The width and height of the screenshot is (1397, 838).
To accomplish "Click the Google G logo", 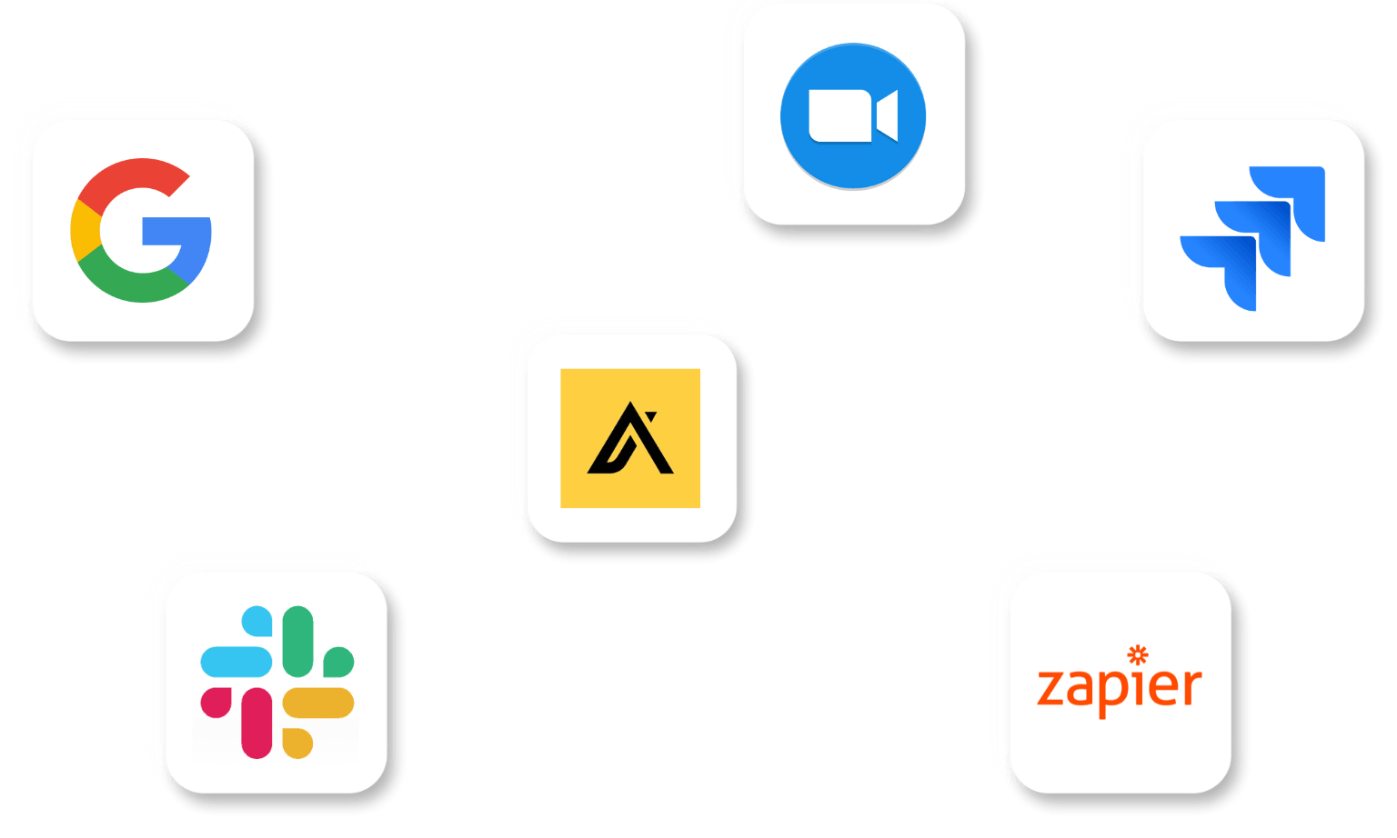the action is pyautogui.click(x=141, y=231).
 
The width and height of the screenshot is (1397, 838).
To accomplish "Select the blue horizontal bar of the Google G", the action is pyautogui.click(x=176, y=231).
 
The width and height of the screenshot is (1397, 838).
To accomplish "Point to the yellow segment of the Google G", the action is pyautogui.click(x=83, y=231).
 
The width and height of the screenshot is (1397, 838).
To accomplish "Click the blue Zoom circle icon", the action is pyautogui.click(x=852, y=116).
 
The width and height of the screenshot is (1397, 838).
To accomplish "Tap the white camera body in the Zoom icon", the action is pyautogui.click(x=839, y=116).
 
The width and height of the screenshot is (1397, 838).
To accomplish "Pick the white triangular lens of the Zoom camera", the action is pyautogui.click(x=889, y=116).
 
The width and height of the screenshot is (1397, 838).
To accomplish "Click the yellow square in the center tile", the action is pyautogui.click(x=630, y=438).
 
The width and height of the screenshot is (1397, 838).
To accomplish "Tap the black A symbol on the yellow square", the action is pyautogui.click(x=630, y=439).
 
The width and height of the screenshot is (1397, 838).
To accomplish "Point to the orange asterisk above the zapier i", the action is pyautogui.click(x=1138, y=654).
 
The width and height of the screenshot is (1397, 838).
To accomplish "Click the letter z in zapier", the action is pyautogui.click(x=1051, y=688).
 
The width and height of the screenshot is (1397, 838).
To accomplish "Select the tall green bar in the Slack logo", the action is pyautogui.click(x=297, y=641).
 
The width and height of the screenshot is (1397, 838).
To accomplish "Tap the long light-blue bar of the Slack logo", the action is pyautogui.click(x=236, y=662).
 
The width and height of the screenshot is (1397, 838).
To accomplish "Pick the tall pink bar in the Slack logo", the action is pyautogui.click(x=257, y=723).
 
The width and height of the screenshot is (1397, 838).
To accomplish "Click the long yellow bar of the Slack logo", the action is pyautogui.click(x=318, y=703).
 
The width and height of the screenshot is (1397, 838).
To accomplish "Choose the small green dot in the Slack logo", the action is pyautogui.click(x=338, y=662).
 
